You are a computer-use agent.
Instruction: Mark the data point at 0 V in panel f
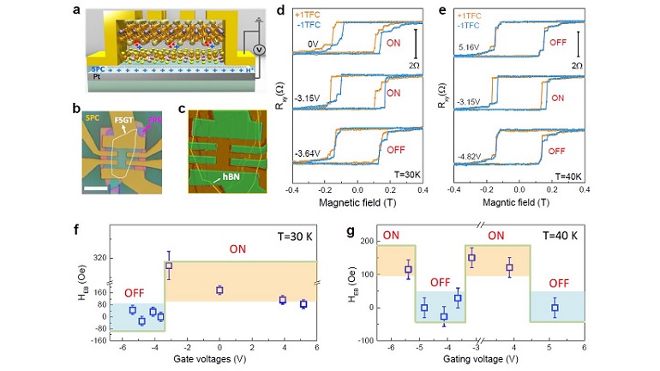219,290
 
